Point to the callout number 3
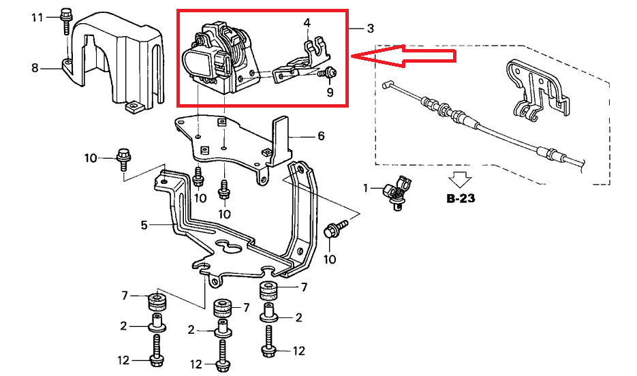pos(370,29)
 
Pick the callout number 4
pos(307,23)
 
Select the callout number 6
pos(321,136)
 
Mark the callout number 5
pos(144,224)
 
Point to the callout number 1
pos(365,188)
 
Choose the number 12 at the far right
pos(298,351)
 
